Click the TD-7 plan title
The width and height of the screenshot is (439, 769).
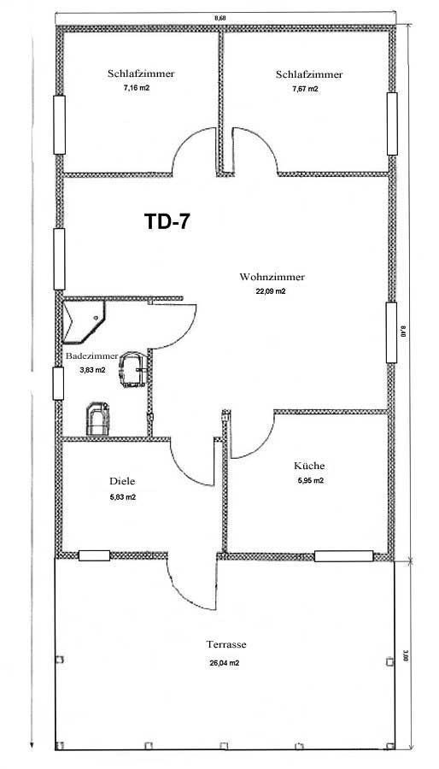point(167,221)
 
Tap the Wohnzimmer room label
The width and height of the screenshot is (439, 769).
point(272,277)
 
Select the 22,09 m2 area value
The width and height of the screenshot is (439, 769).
point(271,291)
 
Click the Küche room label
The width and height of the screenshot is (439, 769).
point(309,466)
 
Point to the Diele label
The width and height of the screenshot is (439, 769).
point(122,481)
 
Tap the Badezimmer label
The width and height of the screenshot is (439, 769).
point(91,356)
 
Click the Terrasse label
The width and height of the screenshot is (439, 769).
point(225,644)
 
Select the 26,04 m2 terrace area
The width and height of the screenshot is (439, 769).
point(225,663)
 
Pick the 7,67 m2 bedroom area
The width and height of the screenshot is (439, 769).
point(305,89)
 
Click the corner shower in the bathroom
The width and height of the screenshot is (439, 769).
point(84,322)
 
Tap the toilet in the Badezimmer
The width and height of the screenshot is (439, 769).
point(97,419)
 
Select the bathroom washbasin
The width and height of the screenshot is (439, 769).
point(133,370)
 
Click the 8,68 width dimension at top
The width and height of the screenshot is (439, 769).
point(220,18)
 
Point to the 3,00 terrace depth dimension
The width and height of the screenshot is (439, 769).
point(405,655)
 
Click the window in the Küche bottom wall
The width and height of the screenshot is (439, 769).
point(343,556)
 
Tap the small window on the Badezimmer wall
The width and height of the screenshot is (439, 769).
point(58,383)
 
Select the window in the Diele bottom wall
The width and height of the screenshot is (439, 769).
point(94,555)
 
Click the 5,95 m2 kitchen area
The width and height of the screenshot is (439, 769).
point(311,480)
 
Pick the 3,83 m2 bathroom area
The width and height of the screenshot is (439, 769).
point(92,370)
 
